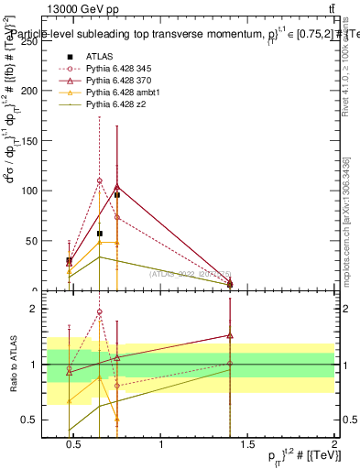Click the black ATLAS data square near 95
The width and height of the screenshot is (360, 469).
tap(117, 195)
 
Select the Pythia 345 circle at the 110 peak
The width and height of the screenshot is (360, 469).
tap(100, 180)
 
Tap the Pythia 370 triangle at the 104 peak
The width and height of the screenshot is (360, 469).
tap(117, 187)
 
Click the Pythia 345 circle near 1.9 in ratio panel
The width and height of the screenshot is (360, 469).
tap(100, 312)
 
